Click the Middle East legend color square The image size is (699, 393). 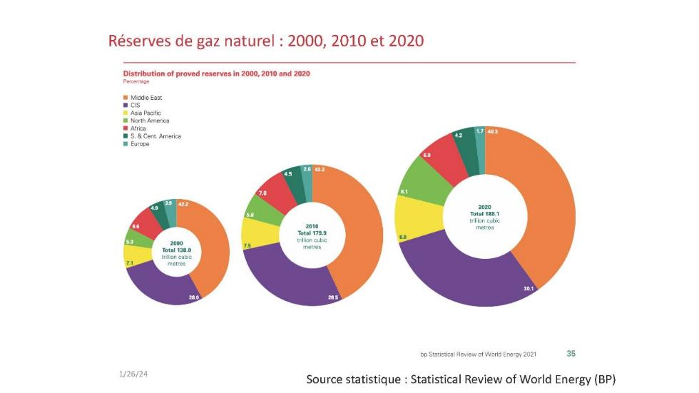(x=126, y=97)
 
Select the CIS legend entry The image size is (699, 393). (x=135, y=105)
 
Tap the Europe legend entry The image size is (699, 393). (x=139, y=143)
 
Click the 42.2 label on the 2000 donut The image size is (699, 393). (x=183, y=203)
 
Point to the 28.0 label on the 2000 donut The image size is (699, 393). (x=193, y=297)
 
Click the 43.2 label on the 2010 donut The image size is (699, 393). (x=320, y=169)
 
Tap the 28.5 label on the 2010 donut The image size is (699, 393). (x=332, y=297)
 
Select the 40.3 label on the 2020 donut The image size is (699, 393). (x=492, y=131)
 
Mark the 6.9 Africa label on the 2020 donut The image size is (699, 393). (x=427, y=155)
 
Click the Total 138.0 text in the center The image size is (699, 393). (x=176, y=250)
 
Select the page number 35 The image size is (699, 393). (x=571, y=353)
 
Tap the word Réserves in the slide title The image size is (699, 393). (x=138, y=41)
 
